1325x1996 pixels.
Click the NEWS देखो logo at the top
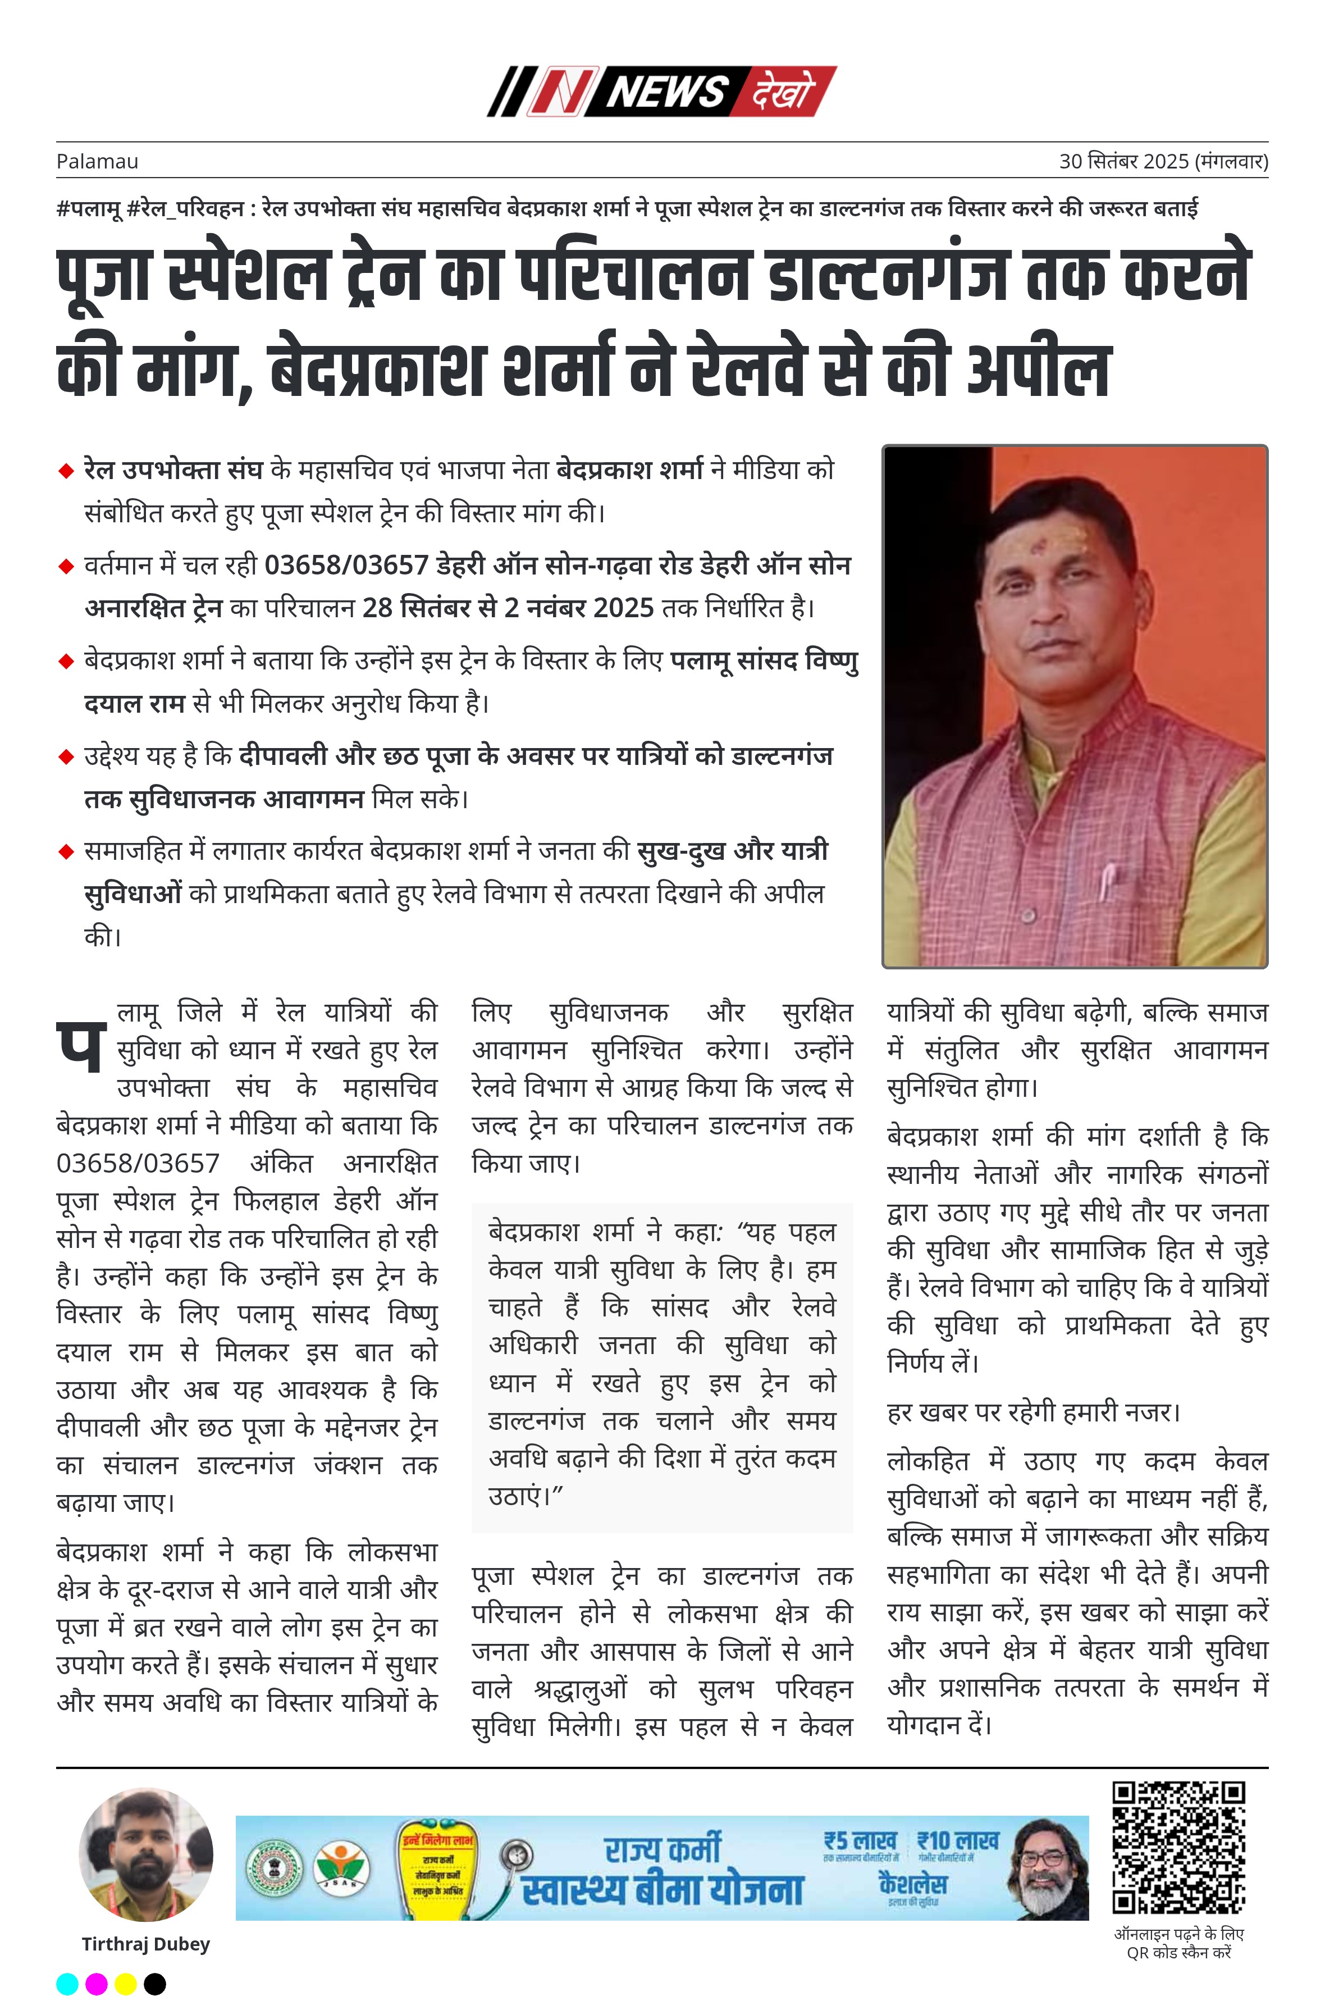(x=661, y=92)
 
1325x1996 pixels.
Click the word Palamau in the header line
(x=97, y=161)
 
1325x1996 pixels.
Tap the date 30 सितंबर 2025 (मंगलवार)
(x=1163, y=161)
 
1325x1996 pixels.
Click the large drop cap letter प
(x=81, y=1045)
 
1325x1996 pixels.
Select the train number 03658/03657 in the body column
(x=138, y=1164)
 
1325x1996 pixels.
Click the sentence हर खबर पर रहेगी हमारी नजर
(x=1032, y=1412)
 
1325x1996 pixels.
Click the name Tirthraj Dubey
(x=145, y=1944)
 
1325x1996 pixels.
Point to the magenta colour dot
(x=97, y=1983)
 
